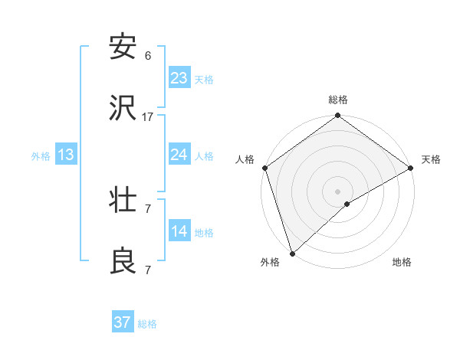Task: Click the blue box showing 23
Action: pos(179,77)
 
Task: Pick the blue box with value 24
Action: pos(179,155)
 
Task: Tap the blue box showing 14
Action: pos(179,231)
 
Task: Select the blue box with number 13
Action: pos(66,155)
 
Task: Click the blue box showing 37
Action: pos(123,322)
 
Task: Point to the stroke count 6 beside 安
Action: pos(148,56)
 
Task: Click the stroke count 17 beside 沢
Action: pos(148,117)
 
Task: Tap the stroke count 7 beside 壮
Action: pos(148,208)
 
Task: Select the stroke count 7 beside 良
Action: pos(148,270)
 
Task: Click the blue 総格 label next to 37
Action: pos(147,324)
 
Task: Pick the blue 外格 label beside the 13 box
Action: pos(41,156)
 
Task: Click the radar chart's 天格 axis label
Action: pos(431,159)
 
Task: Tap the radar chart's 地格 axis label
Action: pos(402,262)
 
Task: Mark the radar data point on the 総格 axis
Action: pos(337,116)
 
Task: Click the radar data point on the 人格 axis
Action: pos(264,168)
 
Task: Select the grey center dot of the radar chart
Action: pos(337,191)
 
